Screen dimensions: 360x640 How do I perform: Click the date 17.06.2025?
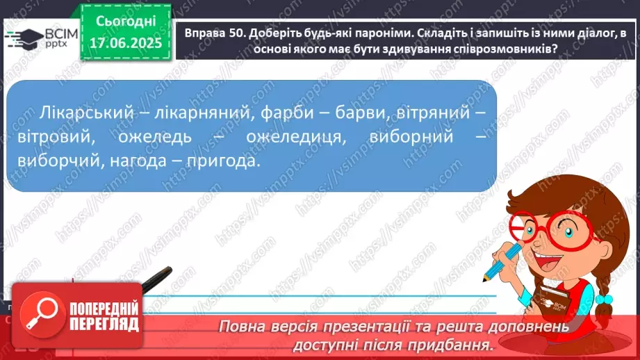click(x=126, y=43)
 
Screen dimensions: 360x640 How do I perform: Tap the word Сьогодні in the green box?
click(x=126, y=23)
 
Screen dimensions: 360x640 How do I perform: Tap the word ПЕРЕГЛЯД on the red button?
click(x=104, y=324)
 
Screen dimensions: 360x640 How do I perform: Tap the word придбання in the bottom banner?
click(x=459, y=344)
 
